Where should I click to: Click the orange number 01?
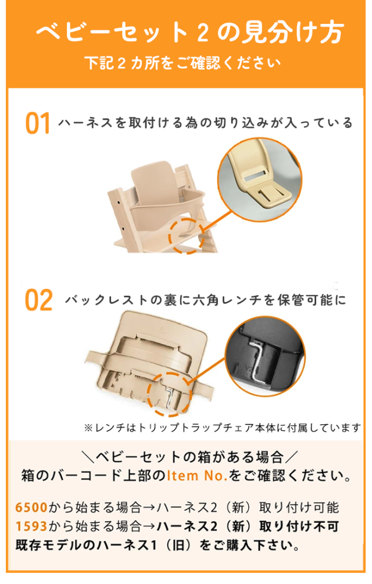click(38, 124)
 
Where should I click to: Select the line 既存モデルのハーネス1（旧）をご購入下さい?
click(158, 547)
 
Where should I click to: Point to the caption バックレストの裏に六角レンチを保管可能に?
click(205, 300)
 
